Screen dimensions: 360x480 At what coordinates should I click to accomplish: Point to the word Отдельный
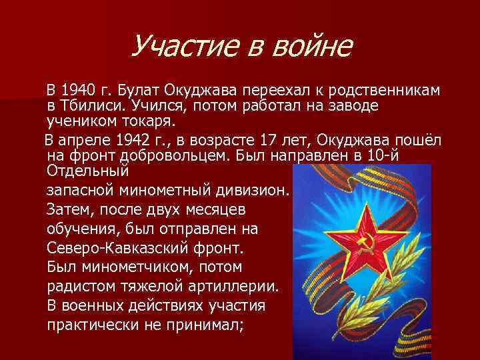[87, 171]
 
